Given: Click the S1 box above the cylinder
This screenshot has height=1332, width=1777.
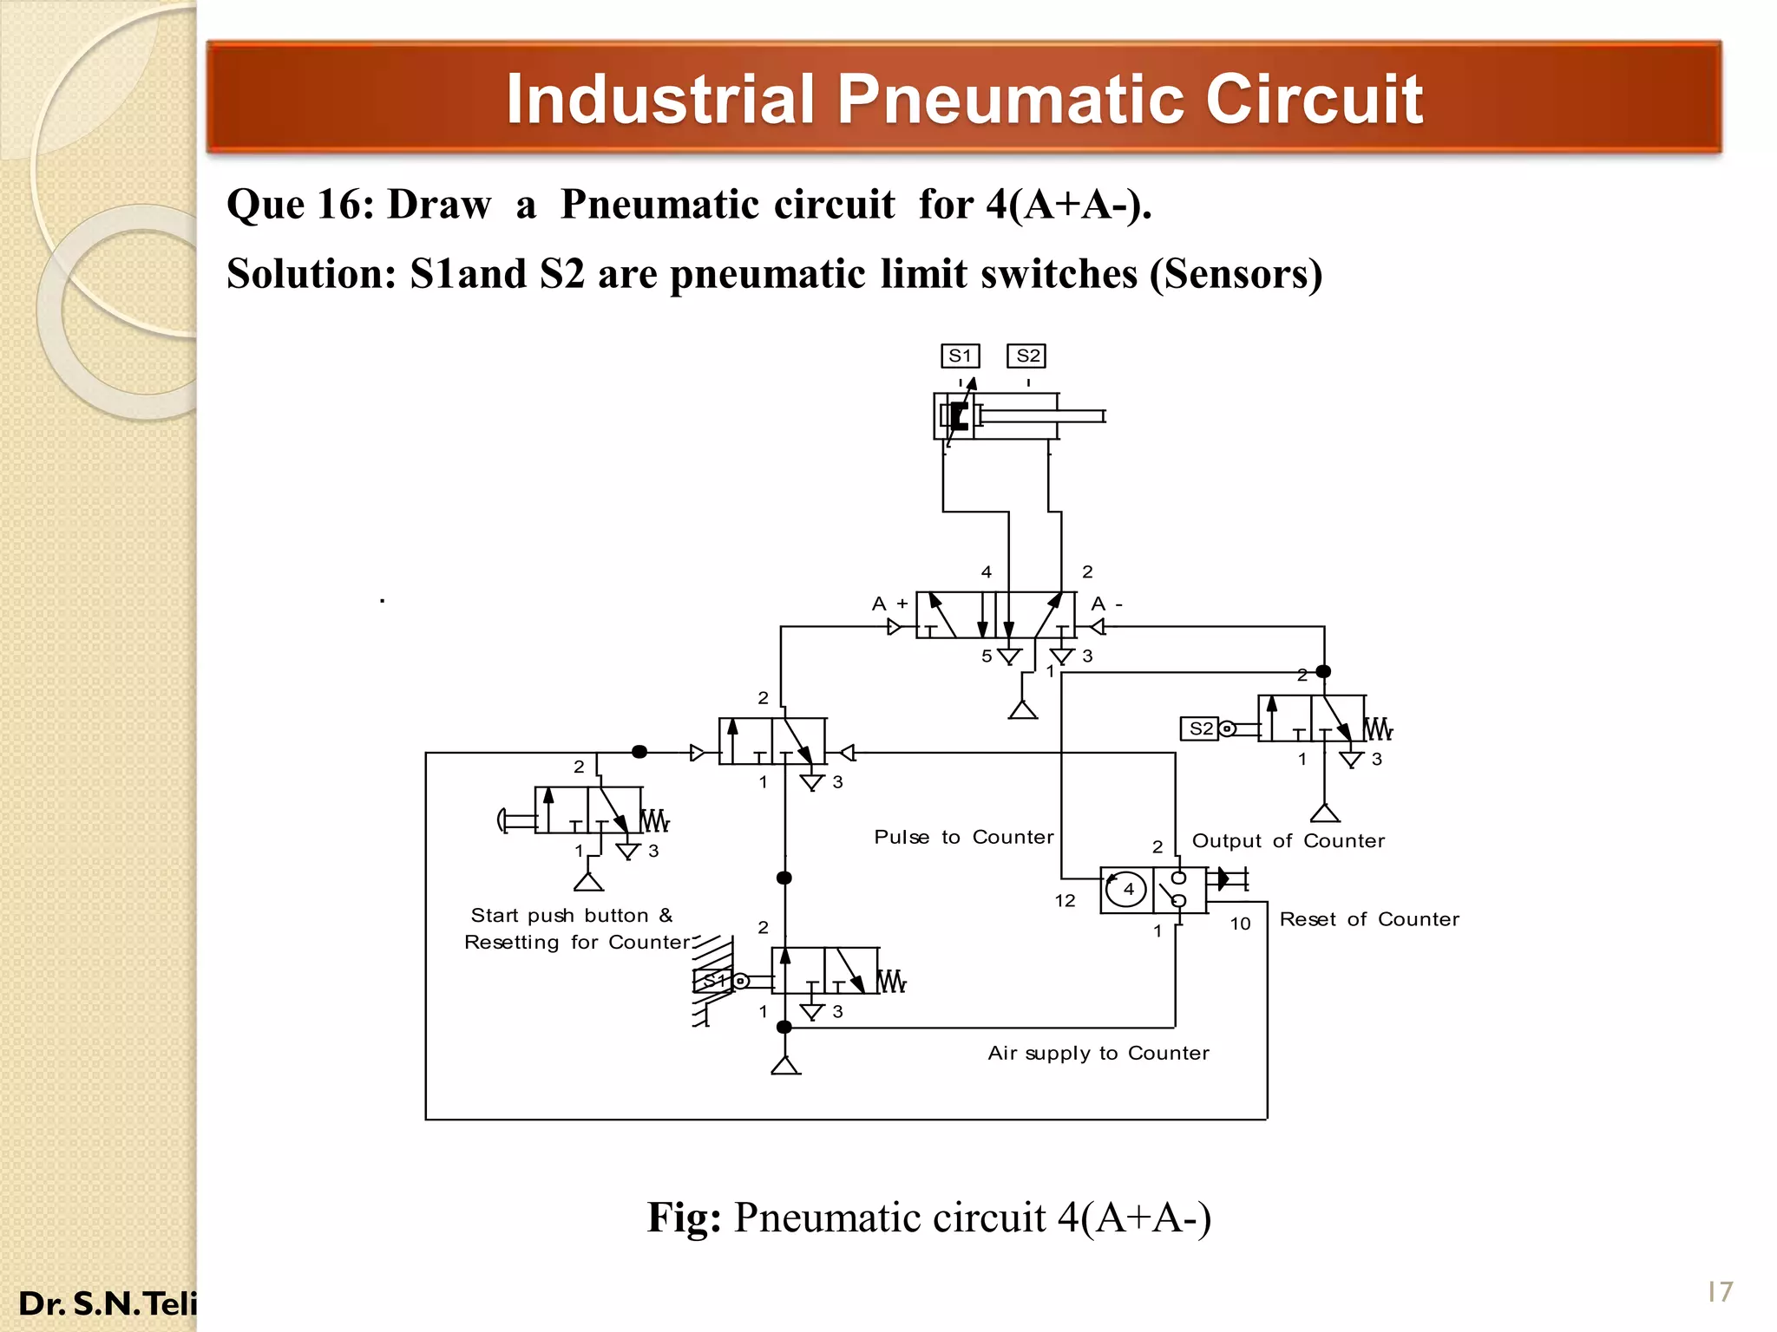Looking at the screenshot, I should pos(960,356).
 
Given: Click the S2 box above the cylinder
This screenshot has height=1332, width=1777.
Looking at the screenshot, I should pos(1026,356).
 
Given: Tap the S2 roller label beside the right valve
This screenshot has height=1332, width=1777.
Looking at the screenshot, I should pos(1201,728).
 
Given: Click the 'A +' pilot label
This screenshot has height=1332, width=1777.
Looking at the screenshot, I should pos(889,604).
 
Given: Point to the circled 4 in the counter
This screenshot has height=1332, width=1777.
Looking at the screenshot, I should pos(1127,889).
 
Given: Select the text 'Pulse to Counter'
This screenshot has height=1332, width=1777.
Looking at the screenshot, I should pos(963,837).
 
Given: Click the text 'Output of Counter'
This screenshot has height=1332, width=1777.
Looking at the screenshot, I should pos(1288,840).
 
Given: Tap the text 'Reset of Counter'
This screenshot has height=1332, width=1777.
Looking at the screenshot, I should pos(1368,919).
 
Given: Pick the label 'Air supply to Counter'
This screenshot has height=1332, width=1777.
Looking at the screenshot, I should pos(1098,1053).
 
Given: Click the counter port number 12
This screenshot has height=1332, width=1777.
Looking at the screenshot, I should pos(1065,901).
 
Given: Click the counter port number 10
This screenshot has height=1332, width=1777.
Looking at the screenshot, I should pos(1240,924).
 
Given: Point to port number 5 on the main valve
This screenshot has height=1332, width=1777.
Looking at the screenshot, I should pos(987,656).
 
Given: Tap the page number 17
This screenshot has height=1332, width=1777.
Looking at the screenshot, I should pos(1719,1292).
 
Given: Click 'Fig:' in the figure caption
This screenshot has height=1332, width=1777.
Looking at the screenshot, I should pos(684,1218).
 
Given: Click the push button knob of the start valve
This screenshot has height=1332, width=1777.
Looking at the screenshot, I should pos(502,819).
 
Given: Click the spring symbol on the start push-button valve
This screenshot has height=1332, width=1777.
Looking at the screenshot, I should pos(654,819).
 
